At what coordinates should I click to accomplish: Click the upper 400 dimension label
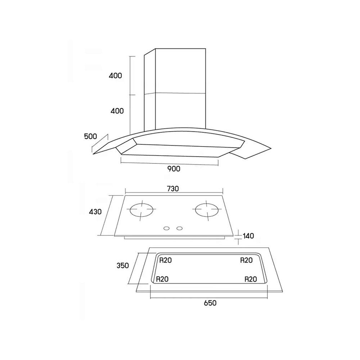pyautogui.click(x=115, y=76)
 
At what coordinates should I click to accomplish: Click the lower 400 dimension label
pyautogui.click(x=117, y=111)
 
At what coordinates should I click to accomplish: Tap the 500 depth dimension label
pyautogui.click(x=90, y=136)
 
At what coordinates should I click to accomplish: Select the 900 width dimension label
pyautogui.click(x=174, y=169)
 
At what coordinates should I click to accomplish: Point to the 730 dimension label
pyautogui.click(x=172, y=189)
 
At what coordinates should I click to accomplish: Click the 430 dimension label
pyautogui.click(x=95, y=211)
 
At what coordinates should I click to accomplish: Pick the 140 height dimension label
pyautogui.click(x=248, y=236)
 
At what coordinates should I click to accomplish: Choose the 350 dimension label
pyautogui.click(x=123, y=265)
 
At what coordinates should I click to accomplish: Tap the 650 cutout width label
pyautogui.click(x=210, y=303)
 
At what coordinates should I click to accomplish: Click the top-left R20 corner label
pyautogui.click(x=165, y=260)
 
